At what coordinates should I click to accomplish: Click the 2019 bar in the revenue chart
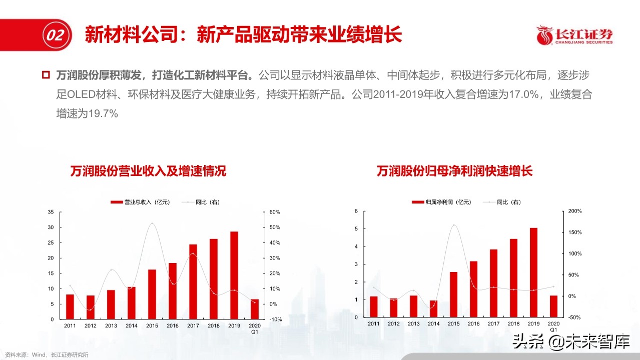coord(234,275)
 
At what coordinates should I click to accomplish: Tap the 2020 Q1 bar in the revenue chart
coord(255,309)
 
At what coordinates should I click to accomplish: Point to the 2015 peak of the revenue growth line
coord(152,223)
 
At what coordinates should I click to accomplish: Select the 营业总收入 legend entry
coord(140,202)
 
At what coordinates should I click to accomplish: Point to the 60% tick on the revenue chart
coord(275,212)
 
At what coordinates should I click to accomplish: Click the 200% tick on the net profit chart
coord(575,211)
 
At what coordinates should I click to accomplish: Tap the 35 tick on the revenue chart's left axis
coord(51,212)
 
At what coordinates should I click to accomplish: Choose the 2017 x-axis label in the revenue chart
coord(193,325)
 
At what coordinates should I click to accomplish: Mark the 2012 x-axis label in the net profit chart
coord(394,323)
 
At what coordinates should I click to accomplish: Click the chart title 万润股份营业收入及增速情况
coord(148,171)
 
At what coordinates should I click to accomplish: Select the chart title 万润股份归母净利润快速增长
coord(454,171)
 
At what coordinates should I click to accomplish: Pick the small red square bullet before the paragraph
coord(46,75)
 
